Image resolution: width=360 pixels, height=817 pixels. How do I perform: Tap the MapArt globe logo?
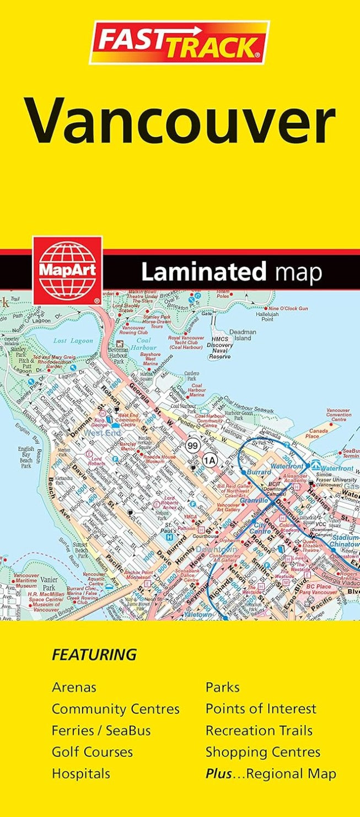67,270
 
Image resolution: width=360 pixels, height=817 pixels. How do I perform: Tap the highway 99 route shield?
192,445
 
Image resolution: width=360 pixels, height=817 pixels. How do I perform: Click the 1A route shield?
209,459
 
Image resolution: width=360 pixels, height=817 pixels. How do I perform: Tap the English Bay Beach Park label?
26,458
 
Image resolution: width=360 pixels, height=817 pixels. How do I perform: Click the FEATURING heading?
94,654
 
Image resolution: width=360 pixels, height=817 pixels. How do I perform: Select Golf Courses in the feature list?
92,752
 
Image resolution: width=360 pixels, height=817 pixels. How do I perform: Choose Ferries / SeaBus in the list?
101,730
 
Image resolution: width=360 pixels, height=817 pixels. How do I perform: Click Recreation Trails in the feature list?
259,730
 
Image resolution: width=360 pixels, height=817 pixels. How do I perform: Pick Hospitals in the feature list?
80,773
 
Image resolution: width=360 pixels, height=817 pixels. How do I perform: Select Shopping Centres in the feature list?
262,752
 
